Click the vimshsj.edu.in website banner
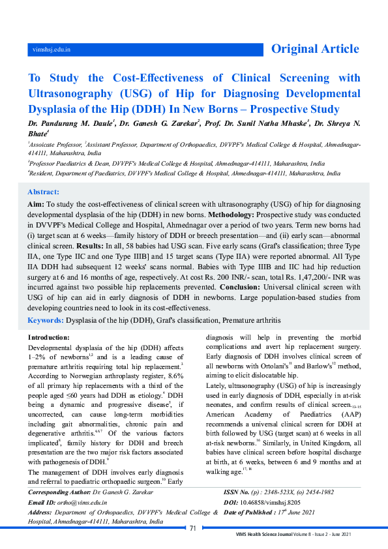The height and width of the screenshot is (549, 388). (x=52, y=50)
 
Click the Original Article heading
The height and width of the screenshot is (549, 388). (x=314, y=49)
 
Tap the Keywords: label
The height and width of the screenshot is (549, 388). (x=45, y=320)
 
